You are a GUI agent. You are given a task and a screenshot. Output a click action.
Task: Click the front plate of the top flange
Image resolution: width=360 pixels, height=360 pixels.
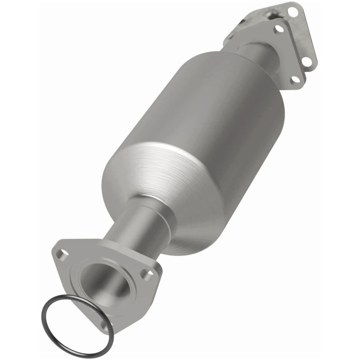click(x=288, y=54)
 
